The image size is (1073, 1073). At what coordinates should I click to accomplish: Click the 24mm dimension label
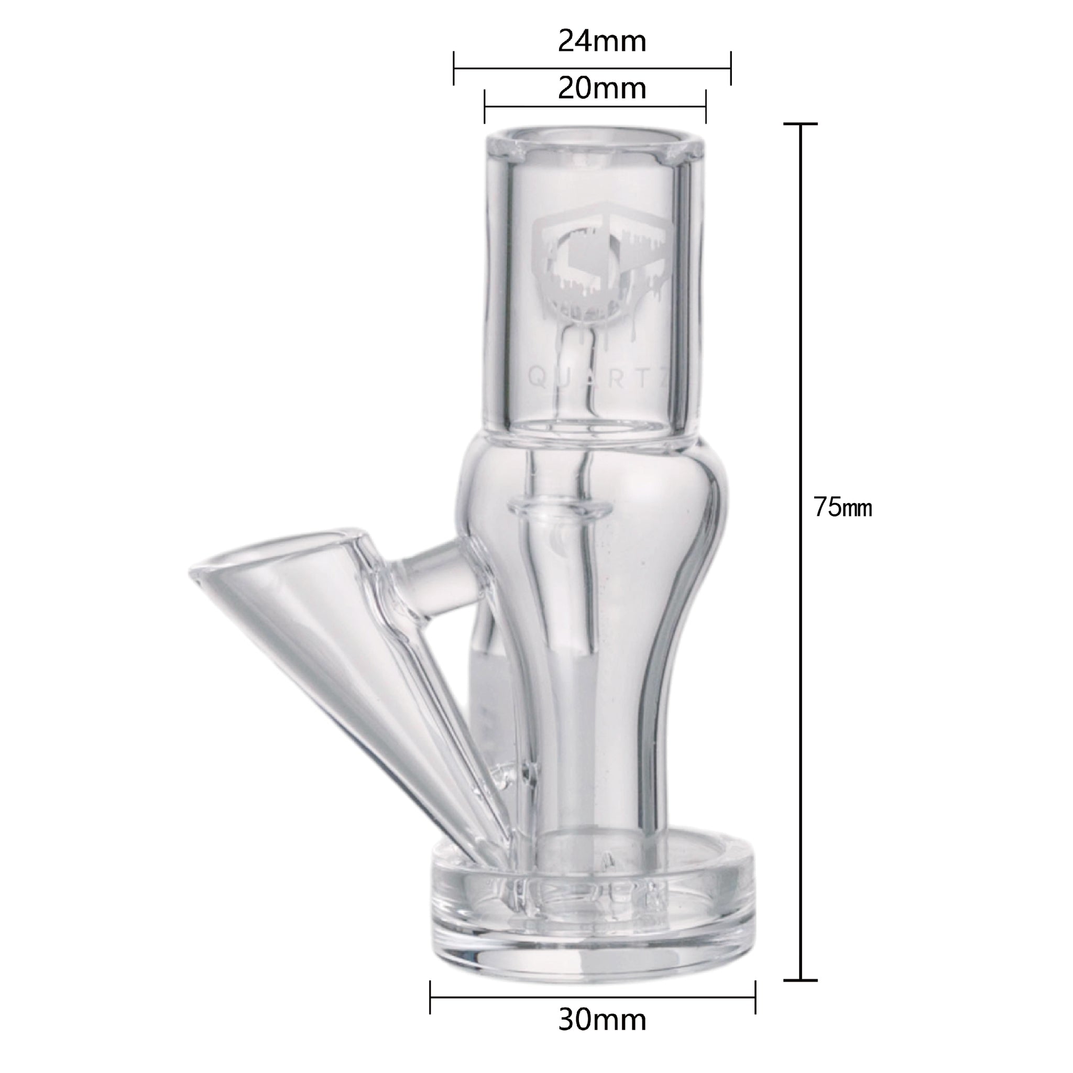point(602,42)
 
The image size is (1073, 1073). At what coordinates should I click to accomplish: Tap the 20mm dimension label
point(602,89)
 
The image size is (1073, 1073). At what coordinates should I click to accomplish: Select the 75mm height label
point(842,507)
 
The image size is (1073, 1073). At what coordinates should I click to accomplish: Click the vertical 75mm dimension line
point(801,555)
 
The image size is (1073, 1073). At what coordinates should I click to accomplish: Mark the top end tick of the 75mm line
point(801,124)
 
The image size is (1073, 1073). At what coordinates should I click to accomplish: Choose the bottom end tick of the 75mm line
point(801,934)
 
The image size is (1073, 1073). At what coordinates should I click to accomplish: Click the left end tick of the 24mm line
point(454,68)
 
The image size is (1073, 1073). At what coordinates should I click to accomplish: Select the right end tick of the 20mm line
point(705,107)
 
